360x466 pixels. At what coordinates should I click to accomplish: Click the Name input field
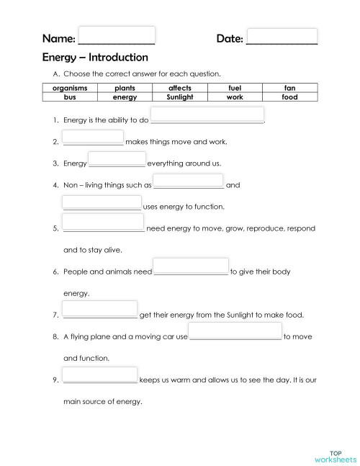(116, 36)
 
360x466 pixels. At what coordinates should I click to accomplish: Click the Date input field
(282, 36)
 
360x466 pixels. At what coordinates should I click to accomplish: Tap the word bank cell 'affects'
(179, 87)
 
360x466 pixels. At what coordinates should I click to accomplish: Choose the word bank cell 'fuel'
(235, 87)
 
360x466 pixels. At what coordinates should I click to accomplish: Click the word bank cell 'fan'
(289, 87)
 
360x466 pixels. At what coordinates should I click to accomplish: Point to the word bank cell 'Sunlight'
(179, 96)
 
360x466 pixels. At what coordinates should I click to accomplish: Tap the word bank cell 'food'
(289, 96)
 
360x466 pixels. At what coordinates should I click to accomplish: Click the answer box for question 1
(207, 115)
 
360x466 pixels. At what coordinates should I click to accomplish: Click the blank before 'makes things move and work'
(93, 138)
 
